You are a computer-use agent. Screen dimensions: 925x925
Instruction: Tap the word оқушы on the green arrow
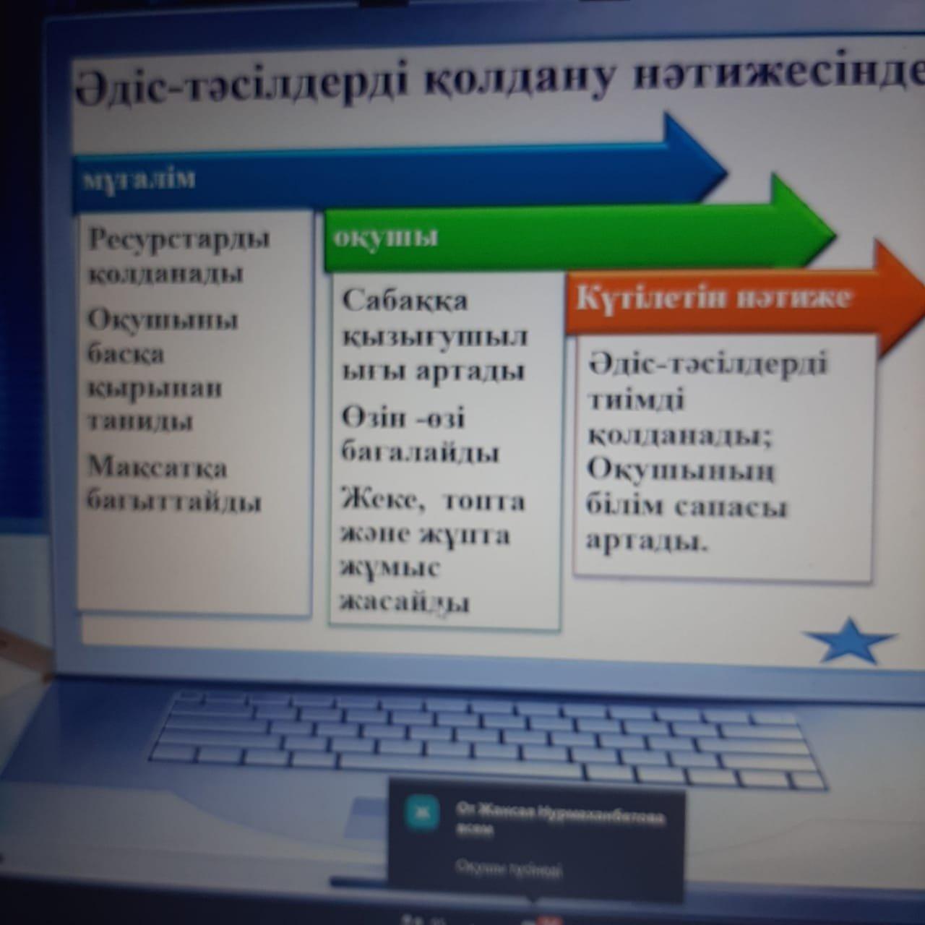[x=386, y=237]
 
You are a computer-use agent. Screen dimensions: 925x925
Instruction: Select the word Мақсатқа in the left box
[x=157, y=468]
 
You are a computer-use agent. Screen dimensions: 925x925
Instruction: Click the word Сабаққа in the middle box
[x=405, y=301]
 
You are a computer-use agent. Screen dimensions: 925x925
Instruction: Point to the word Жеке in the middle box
[x=382, y=500]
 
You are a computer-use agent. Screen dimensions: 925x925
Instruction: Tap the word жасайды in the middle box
[x=405, y=601]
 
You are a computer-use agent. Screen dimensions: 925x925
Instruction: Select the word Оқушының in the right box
[x=680, y=470]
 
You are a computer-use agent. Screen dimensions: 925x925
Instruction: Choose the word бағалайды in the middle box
[x=420, y=454]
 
